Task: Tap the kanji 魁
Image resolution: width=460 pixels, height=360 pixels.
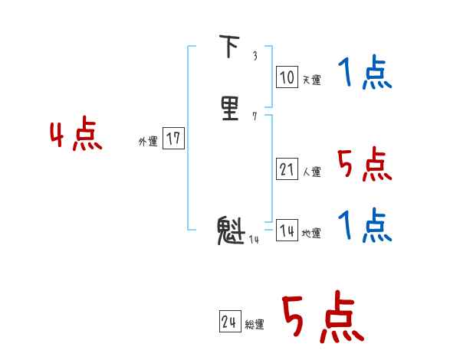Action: click(231, 231)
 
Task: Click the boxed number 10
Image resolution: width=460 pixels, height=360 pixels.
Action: click(287, 77)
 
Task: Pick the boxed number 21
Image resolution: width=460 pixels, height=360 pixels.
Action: click(287, 170)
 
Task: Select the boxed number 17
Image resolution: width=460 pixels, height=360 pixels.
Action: click(173, 139)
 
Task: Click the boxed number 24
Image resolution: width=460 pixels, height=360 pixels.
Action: click(229, 322)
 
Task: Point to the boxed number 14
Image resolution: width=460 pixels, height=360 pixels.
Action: click(287, 231)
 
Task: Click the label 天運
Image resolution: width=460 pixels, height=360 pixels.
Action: click(311, 80)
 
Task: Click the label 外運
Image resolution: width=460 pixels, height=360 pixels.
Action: click(148, 142)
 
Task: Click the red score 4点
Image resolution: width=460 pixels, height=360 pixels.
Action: click(76, 136)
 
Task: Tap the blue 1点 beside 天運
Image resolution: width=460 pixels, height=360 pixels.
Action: click(364, 74)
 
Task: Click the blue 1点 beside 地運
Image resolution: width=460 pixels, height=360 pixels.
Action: click(364, 226)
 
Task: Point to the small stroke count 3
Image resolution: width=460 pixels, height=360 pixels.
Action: click(255, 56)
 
